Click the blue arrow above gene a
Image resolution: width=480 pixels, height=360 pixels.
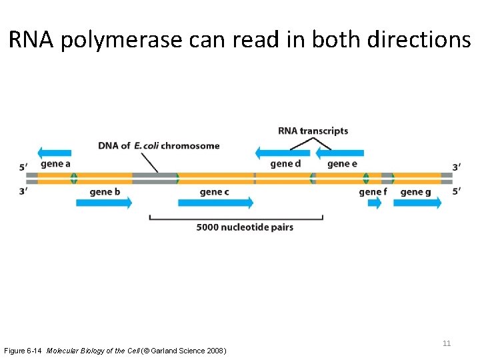[x=55, y=152]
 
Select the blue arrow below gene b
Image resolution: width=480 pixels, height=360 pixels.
[x=104, y=203]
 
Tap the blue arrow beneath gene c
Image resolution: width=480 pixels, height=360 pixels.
[x=215, y=203]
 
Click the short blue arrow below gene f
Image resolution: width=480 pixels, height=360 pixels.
[x=375, y=203]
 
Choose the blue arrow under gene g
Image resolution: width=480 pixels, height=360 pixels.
[x=417, y=203]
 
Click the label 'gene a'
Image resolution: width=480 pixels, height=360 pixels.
[x=55, y=163]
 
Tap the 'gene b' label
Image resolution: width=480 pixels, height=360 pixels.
[x=105, y=192]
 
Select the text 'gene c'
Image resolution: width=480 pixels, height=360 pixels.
[x=214, y=192]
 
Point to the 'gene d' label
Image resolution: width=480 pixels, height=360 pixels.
[x=285, y=163]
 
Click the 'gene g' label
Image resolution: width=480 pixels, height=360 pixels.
[x=415, y=192]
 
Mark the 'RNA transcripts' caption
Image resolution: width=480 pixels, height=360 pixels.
[x=313, y=131]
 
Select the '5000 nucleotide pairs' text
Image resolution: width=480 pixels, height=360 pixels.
[x=245, y=227]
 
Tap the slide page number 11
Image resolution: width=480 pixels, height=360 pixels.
[x=447, y=343]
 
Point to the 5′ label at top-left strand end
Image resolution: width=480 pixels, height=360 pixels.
[x=23, y=167]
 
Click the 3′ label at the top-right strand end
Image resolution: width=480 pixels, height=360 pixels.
[x=456, y=167]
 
